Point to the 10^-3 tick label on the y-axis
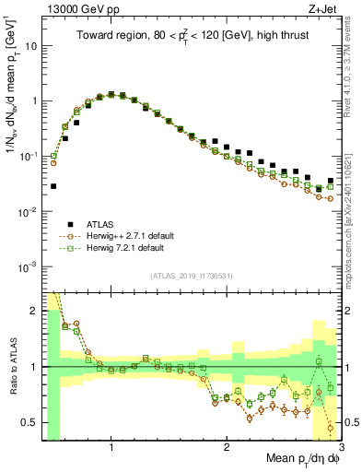29,266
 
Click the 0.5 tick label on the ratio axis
29,422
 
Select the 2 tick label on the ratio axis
33,311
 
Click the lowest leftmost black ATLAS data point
53,185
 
